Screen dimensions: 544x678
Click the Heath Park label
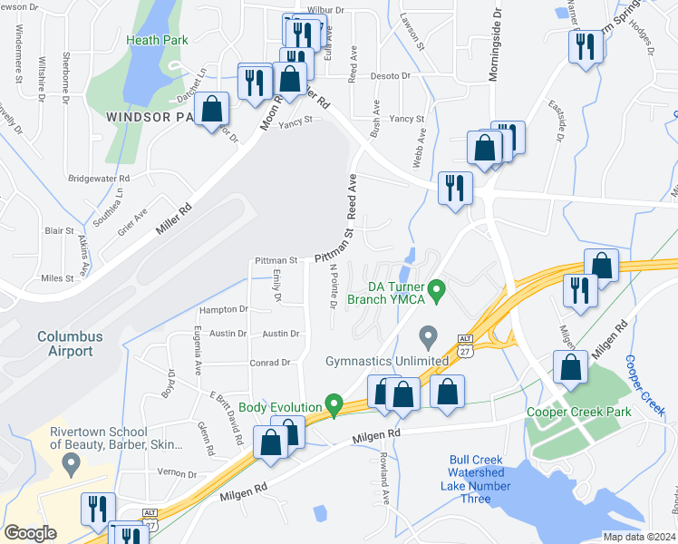158,41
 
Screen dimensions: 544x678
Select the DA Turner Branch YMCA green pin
438,291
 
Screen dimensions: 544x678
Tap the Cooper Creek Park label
578,412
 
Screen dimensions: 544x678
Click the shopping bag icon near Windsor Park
211,109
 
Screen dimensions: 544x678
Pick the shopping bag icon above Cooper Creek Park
570,369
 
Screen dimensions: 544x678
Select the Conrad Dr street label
269,363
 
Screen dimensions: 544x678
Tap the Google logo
30,533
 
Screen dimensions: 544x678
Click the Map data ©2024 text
639,537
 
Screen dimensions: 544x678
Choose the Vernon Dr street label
176,473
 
